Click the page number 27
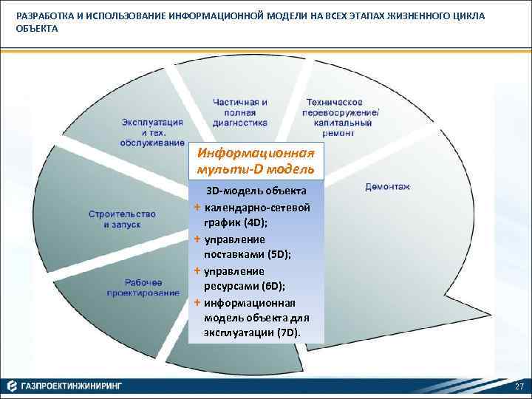[519, 387]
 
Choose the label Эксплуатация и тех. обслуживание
[153, 132]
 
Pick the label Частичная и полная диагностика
[239, 112]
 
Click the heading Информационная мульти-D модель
[256, 161]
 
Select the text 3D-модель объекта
[256, 191]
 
